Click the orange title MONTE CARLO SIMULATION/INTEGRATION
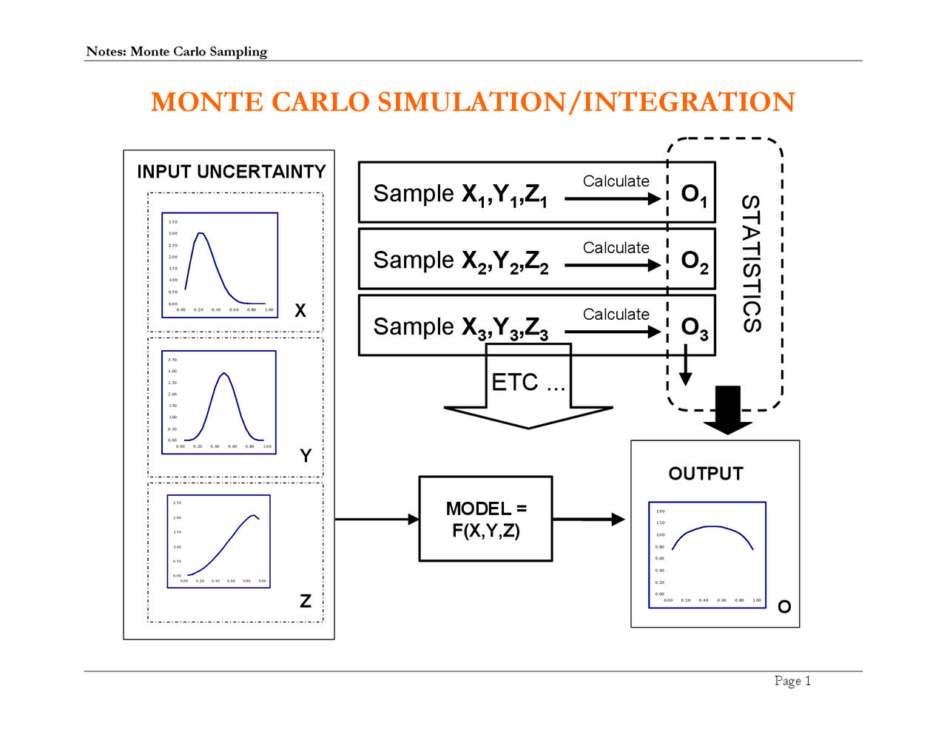tap(473, 102)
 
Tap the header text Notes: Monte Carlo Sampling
tap(176, 51)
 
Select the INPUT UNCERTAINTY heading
tap(231, 172)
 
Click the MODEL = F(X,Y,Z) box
tap(485, 519)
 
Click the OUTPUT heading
tap(705, 474)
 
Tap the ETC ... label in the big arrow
tap(528, 383)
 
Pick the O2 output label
tap(694, 261)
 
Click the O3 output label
tap(694, 328)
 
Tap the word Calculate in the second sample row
tap(616, 248)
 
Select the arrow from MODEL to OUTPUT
tap(589, 520)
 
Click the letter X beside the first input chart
tap(300, 311)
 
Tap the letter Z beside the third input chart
tap(305, 601)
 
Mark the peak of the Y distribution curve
tap(223, 373)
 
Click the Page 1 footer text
tap(792, 681)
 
